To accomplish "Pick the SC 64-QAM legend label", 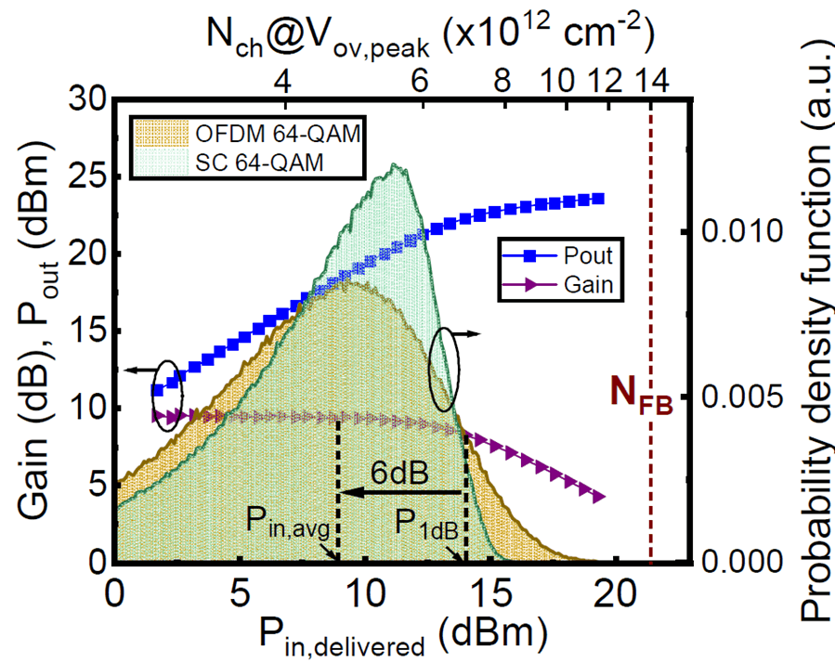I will [x=259, y=164].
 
